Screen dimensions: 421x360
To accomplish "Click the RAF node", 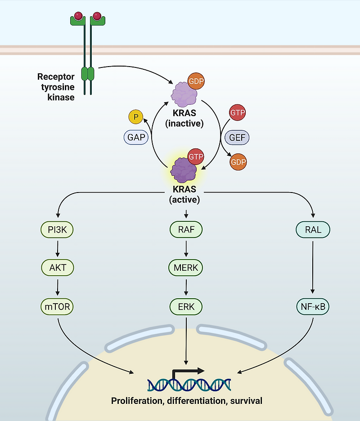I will [x=186, y=230].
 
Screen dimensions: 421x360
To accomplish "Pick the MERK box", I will [x=186, y=268].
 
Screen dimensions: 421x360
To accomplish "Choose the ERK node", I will [x=186, y=307].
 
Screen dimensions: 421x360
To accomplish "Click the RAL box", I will [x=313, y=230].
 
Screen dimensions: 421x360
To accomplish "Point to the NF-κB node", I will [x=313, y=307].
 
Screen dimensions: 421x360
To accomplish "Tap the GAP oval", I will [x=136, y=138].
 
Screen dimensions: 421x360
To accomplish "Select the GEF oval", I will [x=237, y=138].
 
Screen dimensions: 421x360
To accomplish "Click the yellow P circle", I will [x=135, y=117].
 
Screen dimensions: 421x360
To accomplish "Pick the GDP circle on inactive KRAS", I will [x=196, y=82].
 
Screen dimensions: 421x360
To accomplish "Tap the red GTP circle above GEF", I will [x=237, y=112].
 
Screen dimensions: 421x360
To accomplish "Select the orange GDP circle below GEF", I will [x=238, y=162].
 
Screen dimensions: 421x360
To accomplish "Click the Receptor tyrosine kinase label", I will [x=56, y=87].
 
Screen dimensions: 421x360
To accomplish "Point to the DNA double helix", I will [x=189, y=385].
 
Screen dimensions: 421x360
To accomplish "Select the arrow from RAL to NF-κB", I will [x=313, y=269].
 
